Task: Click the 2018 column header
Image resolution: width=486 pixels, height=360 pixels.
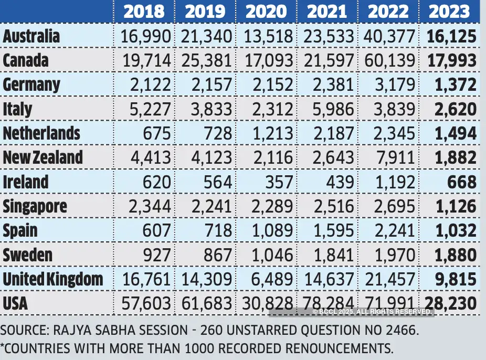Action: (x=144, y=12)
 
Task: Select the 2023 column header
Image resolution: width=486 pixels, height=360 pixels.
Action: (x=449, y=12)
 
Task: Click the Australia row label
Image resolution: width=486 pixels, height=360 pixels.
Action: (x=31, y=36)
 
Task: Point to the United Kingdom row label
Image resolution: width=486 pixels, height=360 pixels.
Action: (x=53, y=279)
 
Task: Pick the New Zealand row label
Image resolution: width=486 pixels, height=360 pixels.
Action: (x=43, y=157)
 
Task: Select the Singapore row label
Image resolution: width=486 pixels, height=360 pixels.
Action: (x=35, y=206)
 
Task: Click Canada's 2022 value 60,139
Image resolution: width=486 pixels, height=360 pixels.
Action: (x=388, y=60)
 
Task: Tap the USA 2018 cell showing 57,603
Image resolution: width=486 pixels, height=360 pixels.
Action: (x=146, y=303)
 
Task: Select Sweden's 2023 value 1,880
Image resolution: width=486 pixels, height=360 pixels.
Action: (x=455, y=255)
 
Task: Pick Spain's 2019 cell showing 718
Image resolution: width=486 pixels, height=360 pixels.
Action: (x=217, y=230)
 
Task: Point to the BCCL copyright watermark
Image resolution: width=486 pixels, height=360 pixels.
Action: (x=372, y=312)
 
